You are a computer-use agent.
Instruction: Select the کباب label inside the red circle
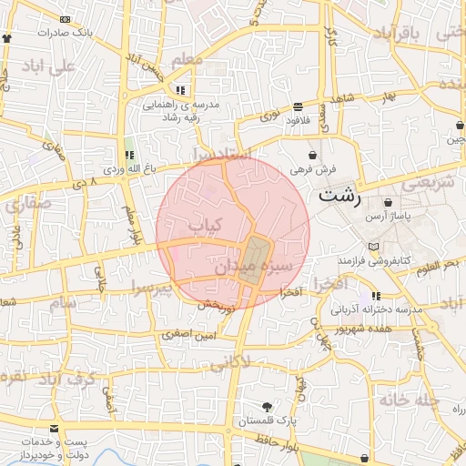click(x=205, y=224)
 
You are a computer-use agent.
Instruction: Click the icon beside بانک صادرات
click(x=7, y=38)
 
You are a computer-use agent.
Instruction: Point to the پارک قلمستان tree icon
click(x=266, y=406)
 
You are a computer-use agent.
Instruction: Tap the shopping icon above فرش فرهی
click(x=314, y=154)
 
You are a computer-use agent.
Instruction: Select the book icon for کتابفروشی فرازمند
click(x=372, y=246)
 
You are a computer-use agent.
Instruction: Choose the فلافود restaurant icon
click(x=299, y=106)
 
